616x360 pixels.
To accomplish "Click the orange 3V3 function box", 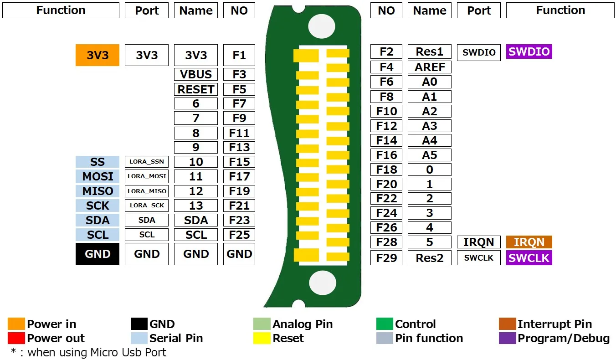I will [x=98, y=55].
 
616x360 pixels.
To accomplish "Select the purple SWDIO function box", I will [x=529, y=51].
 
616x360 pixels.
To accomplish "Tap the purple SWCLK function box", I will [x=529, y=257].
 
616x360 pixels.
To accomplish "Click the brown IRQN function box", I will [x=529, y=242].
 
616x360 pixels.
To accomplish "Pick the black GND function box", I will [x=98, y=254].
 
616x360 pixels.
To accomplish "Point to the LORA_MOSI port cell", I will [x=147, y=176].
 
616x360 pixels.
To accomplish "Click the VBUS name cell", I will [x=196, y=74].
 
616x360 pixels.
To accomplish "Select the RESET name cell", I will [x=196, y=89].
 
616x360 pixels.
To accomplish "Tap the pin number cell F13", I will [x=239, y=147].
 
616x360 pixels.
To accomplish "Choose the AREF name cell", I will [x=429, y=67].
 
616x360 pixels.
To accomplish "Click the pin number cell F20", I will [x=386, y=184].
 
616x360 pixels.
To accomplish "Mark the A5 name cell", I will [x=429, y=155].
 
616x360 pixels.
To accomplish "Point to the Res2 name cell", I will [x=429, y=257].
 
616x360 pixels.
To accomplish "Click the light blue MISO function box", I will [x=98, y=191].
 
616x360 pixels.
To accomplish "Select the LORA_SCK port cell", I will [x=147, y=206].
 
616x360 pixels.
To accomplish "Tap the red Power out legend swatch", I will [x=16, y=338].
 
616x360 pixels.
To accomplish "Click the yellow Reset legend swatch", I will [x=262, y=338].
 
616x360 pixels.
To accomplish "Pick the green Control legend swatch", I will [x=385, y=324].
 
